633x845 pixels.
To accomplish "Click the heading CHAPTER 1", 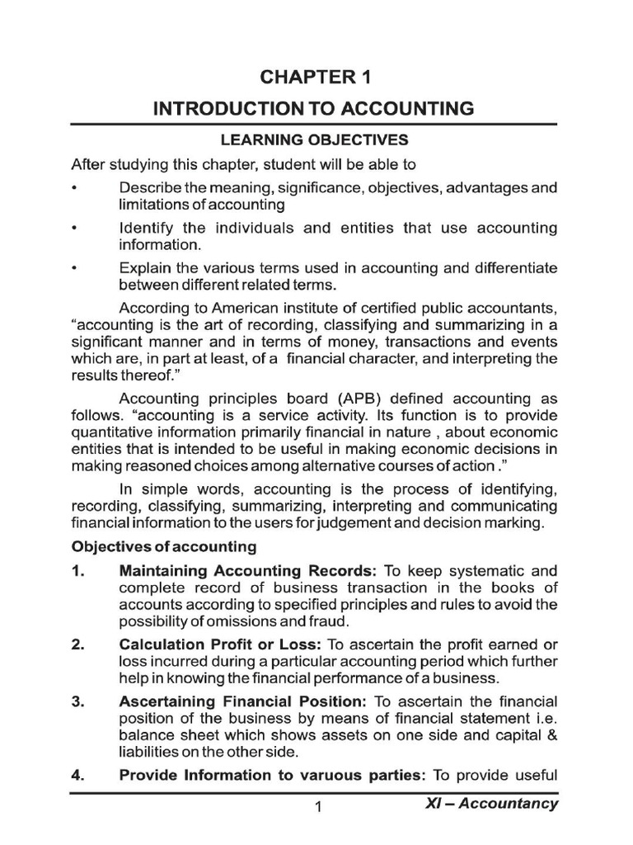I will (316, 78).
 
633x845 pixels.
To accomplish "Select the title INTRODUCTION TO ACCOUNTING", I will (315, 108).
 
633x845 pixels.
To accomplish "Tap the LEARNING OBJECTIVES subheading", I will (315, 140).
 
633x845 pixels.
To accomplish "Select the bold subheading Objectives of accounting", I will (164, 546).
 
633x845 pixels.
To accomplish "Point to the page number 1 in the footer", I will (316, 808).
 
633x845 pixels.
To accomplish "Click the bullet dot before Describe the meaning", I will (74, 188).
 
